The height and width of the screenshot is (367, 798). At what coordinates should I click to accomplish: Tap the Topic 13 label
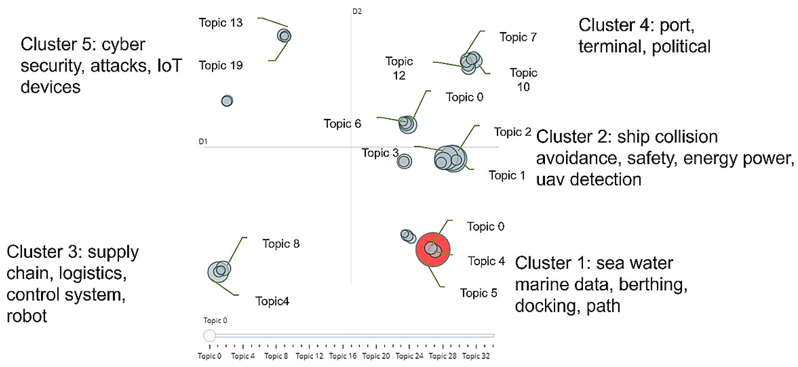(x=221, y=23)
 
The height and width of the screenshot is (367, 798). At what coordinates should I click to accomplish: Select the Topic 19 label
(x=221, y=65)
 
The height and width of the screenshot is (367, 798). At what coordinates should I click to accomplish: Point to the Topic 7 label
(x=518, y=37)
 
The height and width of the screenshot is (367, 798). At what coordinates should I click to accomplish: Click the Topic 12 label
(x=399, y=68)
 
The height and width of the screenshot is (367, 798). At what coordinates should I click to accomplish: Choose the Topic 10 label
(x=523, y=80)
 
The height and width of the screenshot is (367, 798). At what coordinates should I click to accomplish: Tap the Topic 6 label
(x=342, y=124)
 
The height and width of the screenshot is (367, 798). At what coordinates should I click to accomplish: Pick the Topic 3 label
(x=380, y=153)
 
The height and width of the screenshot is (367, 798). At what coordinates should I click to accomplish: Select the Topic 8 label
(x=281, y=244)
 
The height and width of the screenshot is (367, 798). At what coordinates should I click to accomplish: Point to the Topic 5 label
(x=478, y=293)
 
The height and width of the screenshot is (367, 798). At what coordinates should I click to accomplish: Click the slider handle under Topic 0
(x=209, y=336)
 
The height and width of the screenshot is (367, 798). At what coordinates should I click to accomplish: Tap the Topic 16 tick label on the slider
(x=342, y=356)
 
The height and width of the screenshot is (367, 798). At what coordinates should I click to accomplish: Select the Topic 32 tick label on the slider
(x=476, y=356)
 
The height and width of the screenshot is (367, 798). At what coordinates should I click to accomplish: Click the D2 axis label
(x=357, y=11)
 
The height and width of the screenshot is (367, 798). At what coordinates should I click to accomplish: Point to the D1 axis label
(x=203, y=141)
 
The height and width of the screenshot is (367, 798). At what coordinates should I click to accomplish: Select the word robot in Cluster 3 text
(x=27, y=316)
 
